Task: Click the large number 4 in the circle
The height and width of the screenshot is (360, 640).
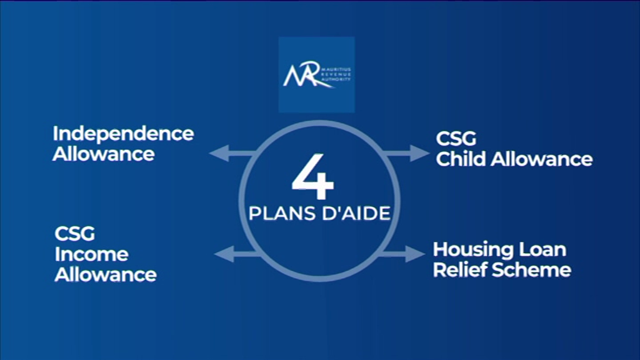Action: click(x=313, y=177)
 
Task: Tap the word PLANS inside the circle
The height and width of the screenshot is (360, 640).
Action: click(x=277, y=214)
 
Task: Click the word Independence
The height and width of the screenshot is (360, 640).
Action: click(x=123, y=134)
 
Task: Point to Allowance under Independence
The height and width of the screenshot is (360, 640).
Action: click(x=104, y=154)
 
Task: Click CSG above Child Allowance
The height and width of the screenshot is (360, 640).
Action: click(x=456, y=139)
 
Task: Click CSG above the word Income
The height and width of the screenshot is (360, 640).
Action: click(x=75, y=234)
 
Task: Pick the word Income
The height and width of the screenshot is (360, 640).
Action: click(x=92, y=254)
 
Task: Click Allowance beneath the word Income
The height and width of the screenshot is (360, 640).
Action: click(x=106, y=274)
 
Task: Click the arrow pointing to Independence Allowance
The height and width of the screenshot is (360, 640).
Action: click(x=232, y=154)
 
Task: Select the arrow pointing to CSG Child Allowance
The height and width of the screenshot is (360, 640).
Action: click(x=406, y=154)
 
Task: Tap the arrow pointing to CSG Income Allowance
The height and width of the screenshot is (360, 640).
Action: click(x=237, y=254)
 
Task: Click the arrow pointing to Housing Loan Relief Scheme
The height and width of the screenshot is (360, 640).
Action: click(x=402, y=254)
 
